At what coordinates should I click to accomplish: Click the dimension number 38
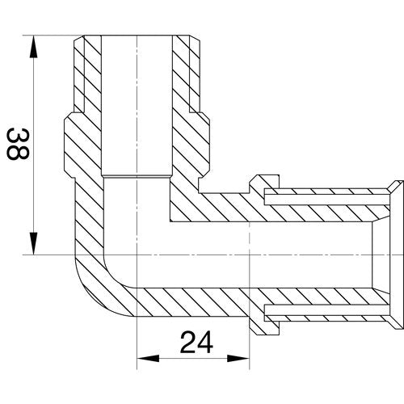(x=18, y=144)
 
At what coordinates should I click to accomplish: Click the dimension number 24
(x=196, y=343)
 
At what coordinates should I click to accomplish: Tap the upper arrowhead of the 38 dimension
(x=33, y=46)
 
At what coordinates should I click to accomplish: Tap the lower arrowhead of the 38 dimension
(x=33, y=243)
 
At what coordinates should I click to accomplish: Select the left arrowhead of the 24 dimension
(x=148, y=358)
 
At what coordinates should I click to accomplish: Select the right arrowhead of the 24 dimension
(x=238, y=358)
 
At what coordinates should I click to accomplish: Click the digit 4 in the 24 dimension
(x=205, y=343)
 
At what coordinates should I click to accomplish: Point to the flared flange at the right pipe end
(x=396, y=255)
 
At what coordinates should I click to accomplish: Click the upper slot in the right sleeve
(x=326, y=200)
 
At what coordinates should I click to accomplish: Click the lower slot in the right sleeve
(x=326, y=310)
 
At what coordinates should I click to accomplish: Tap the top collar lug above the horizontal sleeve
(x=264, y=183)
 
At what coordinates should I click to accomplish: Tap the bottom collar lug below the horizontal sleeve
(x=264, y=326)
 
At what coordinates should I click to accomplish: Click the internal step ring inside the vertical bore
(x=137, y=177)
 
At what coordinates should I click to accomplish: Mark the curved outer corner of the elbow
(x=97, y=293)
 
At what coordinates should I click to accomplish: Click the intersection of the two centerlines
(x=137, y=255)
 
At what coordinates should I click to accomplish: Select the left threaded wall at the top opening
(x=87, y=74)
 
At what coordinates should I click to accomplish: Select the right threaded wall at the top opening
(x=186, y=74)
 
